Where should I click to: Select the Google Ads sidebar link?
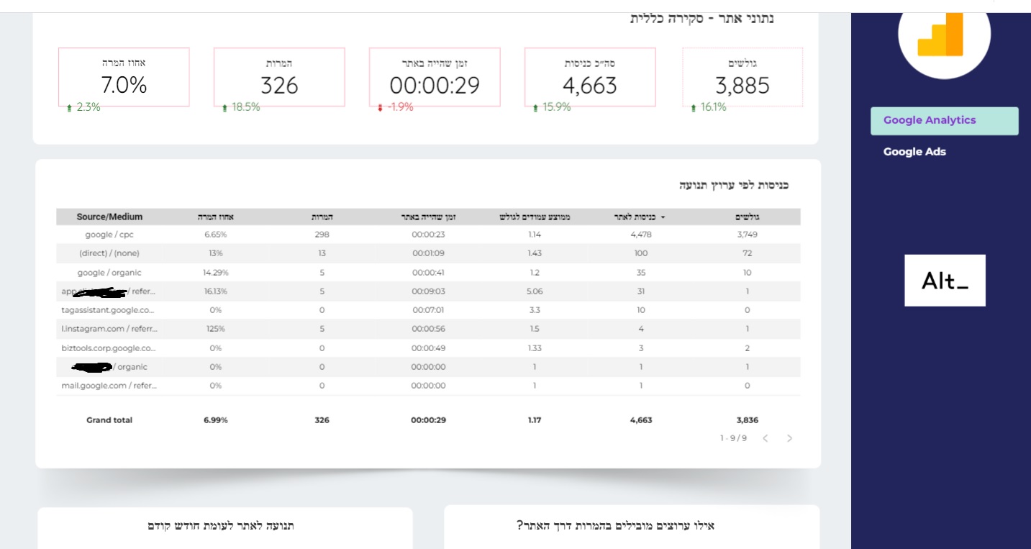pos(914,152)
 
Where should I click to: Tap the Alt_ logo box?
pos(945,281)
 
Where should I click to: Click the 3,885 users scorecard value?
pos(742,86)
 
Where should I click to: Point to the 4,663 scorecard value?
pos(589,86)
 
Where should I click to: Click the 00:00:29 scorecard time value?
pos(435,86)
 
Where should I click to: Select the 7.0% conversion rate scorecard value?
pos(124,86)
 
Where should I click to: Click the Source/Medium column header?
pos(109,217)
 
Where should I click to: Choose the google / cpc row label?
pos(109,235)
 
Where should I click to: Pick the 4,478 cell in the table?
pos(640,235)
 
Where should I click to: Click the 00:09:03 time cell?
pos(428,291)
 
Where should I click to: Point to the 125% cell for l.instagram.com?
pos(215,329)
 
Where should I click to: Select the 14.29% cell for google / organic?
pos(215,273)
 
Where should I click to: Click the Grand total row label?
pos(109,420)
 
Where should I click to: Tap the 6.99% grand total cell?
pos(215,420)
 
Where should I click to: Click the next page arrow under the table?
pos(789,438)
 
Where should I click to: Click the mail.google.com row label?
pos(109,386)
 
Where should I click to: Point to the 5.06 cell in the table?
pos(534,291)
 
